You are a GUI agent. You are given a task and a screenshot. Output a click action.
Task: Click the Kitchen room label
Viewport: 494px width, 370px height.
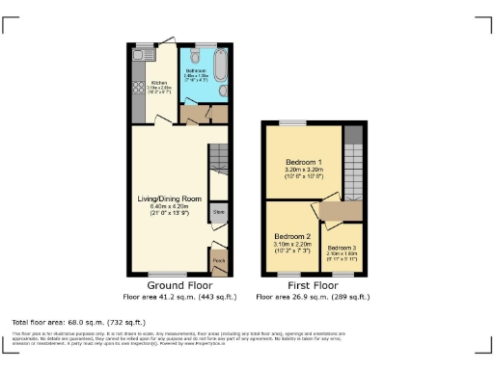[159, 83]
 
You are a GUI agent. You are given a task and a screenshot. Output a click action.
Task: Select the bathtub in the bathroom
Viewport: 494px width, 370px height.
[219, 66]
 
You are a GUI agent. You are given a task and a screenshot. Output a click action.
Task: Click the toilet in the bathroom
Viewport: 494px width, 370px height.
[195, 56]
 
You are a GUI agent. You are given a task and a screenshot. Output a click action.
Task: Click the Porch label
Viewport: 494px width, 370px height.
[219, 259]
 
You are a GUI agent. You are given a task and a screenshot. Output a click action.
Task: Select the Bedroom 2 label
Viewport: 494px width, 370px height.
[290, 236]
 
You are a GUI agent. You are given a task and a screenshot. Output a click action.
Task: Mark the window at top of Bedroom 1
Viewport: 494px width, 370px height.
[289, 123]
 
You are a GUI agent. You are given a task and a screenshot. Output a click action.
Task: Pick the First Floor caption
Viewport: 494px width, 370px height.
[312, 286]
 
